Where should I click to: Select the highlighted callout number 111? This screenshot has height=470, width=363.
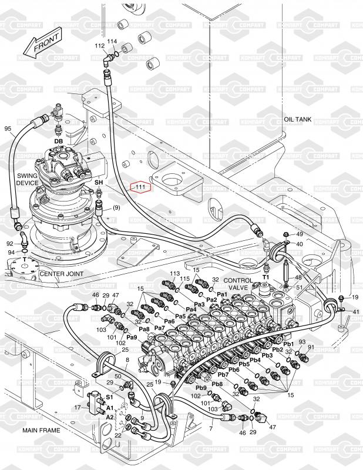click(x=140, y=187)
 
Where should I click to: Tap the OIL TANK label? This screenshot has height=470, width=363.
click(x=298, y=119)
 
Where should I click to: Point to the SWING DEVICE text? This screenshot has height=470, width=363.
click(x=27, y=179)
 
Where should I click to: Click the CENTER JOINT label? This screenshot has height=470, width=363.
click(x=62, y=274)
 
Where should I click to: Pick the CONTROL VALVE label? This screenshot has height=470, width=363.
click(x=238, y=284)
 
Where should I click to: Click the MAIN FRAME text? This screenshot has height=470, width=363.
click(x=41, y=430)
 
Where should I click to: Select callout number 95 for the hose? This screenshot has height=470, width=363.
click(x=8, y=129)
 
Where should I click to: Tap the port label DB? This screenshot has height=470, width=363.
click(x=59, y=141)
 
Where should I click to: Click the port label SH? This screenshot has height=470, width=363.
click(x=99, y=183)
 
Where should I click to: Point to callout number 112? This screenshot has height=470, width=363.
click(x=99, y=46)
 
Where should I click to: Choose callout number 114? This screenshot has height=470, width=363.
click(x=112, y=41)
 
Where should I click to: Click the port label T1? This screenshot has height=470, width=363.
click(x=266, y=277)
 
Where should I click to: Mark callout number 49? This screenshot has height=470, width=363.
click(x=300, y=234)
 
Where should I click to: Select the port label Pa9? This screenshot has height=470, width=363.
click(x=132, y=337)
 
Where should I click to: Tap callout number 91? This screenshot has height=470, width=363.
click(x=311, y=347)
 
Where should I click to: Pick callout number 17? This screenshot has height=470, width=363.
click(x=78, y=407)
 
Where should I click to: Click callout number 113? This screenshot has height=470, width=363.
click(x=175, y=273)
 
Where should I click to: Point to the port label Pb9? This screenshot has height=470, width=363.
click(x=201, y=388)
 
